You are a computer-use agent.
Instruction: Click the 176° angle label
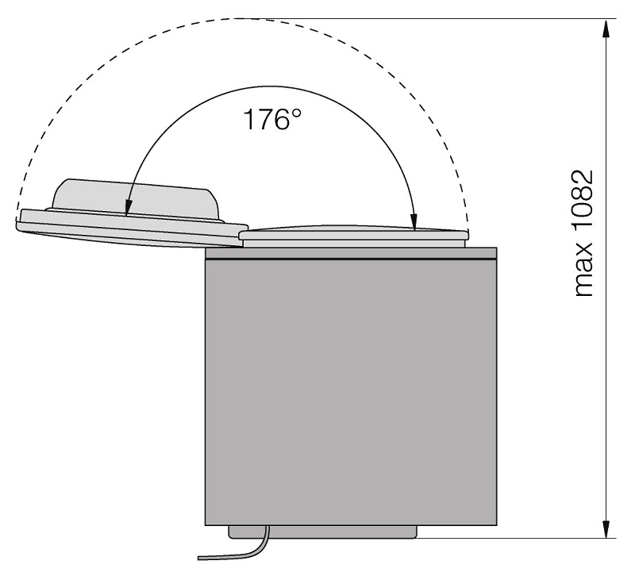click(x=273, y=120)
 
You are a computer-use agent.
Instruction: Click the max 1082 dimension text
click(x=584, y=233)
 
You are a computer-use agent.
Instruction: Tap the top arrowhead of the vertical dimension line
click(x=606, y=29)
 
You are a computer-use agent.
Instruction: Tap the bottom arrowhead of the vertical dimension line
click(x=606, y=528)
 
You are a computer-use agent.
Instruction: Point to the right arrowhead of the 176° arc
click(x=414, y=221)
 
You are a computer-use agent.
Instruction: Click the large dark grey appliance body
click(x=351, y=391)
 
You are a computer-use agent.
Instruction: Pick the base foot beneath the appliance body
click(x=323, y=532)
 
